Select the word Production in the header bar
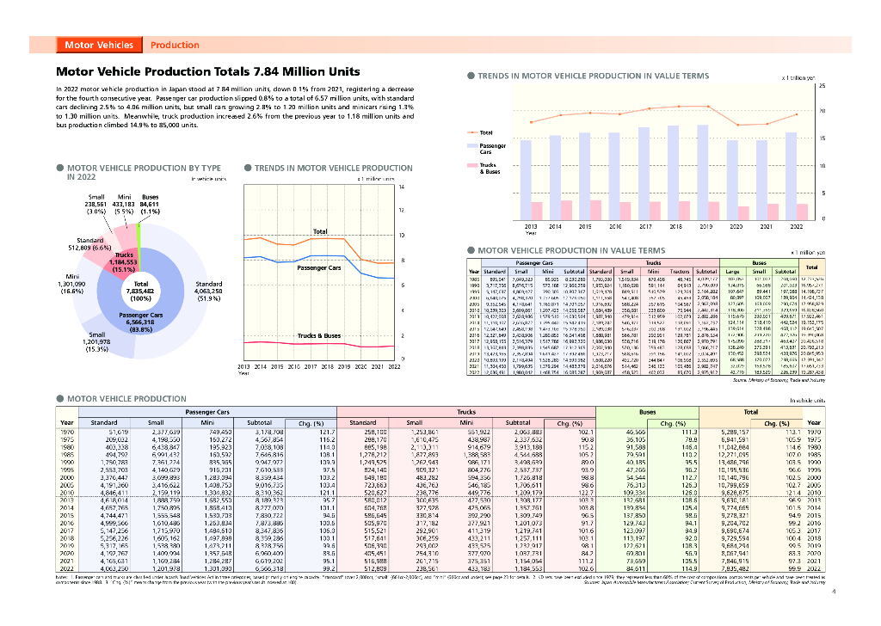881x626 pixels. click(x=175, y=45)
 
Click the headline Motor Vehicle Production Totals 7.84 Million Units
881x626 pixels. click(x=208, y=72)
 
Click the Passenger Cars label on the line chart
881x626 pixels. click(x=319, y=267)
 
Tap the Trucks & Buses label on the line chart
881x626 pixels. click(x=319, y=335)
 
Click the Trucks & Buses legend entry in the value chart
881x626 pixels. click(x=488, y=168)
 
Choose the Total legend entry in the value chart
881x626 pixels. click(x=486, y=132)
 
